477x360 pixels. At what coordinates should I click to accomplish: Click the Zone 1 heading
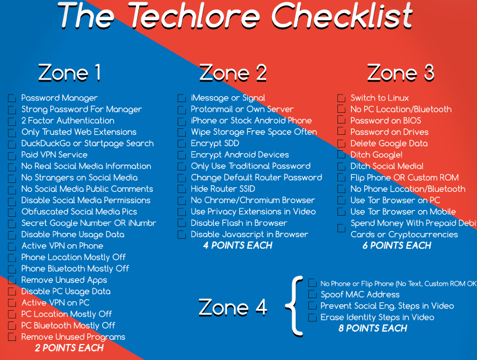[69, 72]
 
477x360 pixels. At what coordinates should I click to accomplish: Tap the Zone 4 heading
[232, 307]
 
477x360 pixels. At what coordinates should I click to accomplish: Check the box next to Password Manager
[12, 98]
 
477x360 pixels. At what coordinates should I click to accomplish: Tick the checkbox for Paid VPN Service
[12, 155]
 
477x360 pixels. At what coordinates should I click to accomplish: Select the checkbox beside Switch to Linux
[341, 98]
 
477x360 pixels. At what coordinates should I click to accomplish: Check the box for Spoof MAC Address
[312, 295]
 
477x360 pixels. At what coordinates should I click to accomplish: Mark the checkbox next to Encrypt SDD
[182, 144]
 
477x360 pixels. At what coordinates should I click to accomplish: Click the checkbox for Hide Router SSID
[182, 189]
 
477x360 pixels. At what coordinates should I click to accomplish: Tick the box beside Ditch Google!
[341, 155]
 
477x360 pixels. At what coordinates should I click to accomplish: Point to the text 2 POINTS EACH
[69, 348]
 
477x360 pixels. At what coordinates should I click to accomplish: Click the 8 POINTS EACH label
[372, 328]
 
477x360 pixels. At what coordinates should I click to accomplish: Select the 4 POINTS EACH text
[237, 245]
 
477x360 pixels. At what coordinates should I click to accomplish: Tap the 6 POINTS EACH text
[397, 245]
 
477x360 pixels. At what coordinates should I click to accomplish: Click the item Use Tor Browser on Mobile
[403, 211]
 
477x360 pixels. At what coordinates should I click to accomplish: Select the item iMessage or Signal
[228, 98]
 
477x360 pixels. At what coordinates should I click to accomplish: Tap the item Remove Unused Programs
[73, 337]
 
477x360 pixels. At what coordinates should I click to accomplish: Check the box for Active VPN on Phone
[12, 246]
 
